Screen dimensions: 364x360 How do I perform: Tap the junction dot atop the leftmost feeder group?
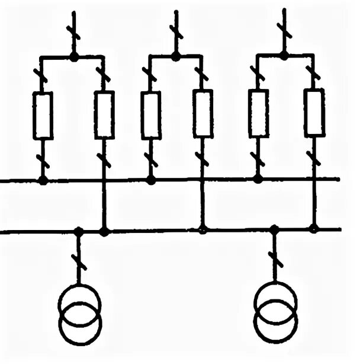click(x=74, y=57)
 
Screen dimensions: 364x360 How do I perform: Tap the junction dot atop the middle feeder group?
click(x=176, y=56)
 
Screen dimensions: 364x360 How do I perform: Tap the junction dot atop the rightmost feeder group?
click(x=284, y=56)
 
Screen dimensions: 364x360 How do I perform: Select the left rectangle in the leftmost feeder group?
click(x=43, y=116)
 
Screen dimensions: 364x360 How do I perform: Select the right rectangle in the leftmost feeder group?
click(x=104, y=115)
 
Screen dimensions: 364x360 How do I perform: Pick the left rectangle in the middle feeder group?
click(x=150, y=115)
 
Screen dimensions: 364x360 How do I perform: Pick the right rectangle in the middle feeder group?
click(x=202, y=114)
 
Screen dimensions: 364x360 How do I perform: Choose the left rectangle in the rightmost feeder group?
click(x=258, y=113)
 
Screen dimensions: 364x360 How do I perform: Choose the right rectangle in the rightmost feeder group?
click(x=314, y=113)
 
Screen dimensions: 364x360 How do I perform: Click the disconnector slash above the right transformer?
click(x=274, y=259)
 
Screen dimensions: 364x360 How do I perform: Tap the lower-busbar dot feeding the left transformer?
click(x=78, y=230)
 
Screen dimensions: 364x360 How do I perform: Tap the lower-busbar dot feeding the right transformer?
click(x=274, y=228)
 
